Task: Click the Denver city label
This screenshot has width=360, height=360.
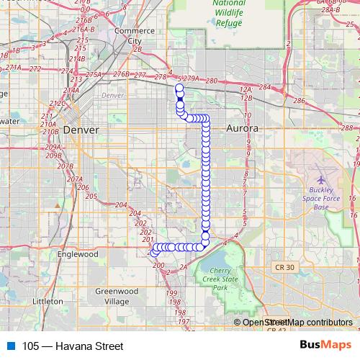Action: [x=80, y=129]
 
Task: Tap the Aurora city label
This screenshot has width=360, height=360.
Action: [x=242, y=128]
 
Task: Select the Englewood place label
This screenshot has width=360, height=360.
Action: [x=78, y=254]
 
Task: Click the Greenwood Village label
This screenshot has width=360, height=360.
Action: [x=116, y=296]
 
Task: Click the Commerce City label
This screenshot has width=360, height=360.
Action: [x=135, y=36]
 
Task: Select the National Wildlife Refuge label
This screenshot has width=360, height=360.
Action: [x=230, y=12]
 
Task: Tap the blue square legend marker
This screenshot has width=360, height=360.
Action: [x=11, y=346]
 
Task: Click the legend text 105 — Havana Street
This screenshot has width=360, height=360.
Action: [x=73, y=346]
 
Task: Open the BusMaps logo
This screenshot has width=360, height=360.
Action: [x=325, y=346]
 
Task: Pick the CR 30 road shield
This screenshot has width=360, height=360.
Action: [x=284, y=267]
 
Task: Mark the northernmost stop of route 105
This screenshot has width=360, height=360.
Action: [x=179, y=89]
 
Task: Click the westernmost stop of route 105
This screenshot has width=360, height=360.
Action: [x=153, y=253]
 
